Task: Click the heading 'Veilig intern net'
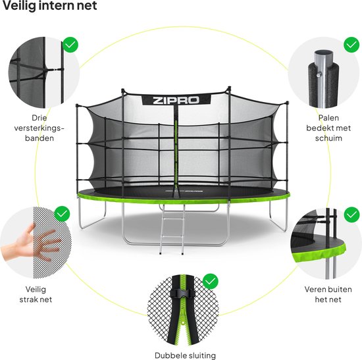pos(49,5)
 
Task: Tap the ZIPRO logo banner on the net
pos(176,100)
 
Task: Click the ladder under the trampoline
pos(172,229)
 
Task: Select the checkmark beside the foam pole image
pos(351,45)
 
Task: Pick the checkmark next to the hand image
pos(62,214)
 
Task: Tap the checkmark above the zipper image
pos(211,282)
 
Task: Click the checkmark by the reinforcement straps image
pos(70,45)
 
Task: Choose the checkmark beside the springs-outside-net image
pos(351,215)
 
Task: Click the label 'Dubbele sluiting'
pos(185,355)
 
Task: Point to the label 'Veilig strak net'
pos(36,294)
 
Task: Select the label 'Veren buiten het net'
pos(328,294)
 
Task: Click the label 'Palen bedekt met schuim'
pos(328,128)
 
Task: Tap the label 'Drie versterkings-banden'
pos(39,128)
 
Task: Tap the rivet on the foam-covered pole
pos(319,74)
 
